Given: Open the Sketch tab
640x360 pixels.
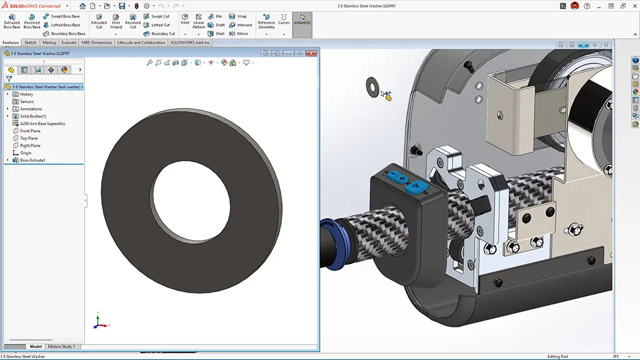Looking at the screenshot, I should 31,42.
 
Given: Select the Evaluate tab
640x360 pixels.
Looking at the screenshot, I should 69,42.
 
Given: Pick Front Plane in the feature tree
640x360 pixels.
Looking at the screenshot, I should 30,131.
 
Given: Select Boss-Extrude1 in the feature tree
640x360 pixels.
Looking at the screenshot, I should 32,160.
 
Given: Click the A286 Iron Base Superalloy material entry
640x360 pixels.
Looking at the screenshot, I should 42,123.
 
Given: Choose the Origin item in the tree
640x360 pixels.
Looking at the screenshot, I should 25,153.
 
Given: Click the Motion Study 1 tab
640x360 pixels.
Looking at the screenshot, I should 61,347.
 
